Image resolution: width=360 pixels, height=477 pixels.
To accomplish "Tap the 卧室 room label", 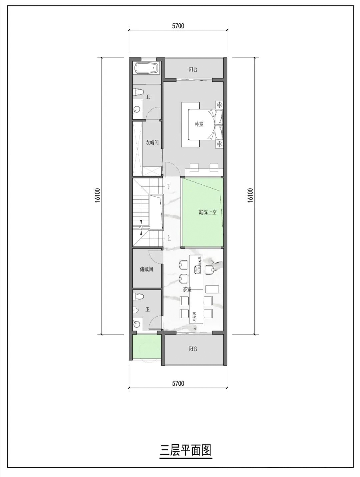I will tap(199, 124).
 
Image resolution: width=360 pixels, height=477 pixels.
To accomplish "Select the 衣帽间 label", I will tap(152, 143).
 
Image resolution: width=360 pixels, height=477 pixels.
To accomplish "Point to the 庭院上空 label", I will tap(208, 212).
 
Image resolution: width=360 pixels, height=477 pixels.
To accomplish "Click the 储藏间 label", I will tap(146, 269).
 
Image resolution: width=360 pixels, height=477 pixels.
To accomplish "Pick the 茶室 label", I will tap(187, 289).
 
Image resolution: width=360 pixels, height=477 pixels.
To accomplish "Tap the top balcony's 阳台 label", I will tap(193, 69).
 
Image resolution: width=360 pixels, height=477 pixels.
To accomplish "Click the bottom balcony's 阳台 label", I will tap(193, 349).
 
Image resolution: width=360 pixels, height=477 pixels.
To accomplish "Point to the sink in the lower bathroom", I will tap(137, 323).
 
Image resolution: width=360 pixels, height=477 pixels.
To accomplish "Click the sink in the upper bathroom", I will tap(137, 109).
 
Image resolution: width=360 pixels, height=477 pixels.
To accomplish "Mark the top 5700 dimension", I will tap(178, 26).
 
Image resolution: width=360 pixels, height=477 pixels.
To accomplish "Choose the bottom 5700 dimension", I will tap(178, 384).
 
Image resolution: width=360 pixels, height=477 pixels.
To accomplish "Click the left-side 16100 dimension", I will tap(97, 195).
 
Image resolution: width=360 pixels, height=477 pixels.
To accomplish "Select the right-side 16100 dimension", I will tap(251, 195).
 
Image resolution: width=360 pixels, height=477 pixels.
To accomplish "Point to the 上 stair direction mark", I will tap(169, 238).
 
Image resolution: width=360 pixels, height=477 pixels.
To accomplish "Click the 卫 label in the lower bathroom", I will tap(148, 310).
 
